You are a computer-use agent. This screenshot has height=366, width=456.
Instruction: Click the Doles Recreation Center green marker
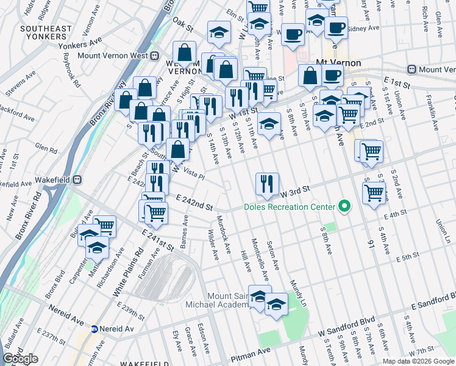344,207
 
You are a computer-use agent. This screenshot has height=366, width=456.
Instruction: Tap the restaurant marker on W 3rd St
266,184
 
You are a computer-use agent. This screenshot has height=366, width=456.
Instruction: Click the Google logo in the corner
21,359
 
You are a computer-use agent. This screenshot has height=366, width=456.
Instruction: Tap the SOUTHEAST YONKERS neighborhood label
45,34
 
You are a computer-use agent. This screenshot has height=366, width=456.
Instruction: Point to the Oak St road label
182,27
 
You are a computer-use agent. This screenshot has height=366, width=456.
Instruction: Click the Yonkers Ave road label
79,44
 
